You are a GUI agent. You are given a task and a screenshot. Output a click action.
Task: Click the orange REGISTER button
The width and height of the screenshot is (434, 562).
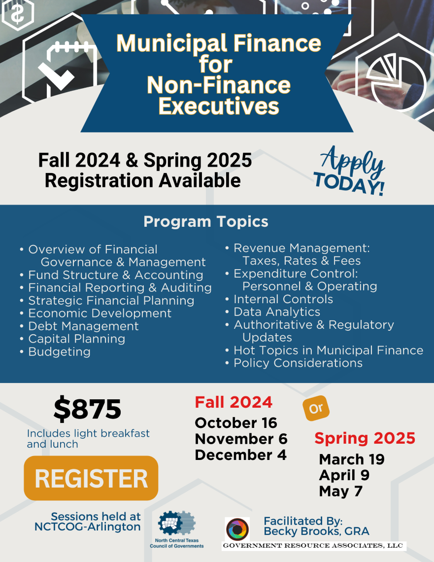(91, 478)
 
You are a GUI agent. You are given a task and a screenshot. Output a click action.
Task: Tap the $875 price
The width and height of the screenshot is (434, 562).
(87, 409)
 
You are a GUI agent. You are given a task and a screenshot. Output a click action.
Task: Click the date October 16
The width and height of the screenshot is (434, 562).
(236, 423)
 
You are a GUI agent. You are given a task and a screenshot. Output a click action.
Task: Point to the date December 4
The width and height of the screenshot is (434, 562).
(240, 455)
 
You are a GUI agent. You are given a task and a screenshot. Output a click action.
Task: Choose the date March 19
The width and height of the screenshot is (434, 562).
(352, 459)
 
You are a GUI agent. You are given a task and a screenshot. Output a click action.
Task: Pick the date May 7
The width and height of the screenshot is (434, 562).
(340, 491)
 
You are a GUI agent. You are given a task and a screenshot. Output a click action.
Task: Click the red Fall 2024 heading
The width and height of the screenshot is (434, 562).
(234, 402)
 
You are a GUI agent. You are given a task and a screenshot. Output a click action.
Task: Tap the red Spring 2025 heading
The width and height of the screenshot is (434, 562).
(365, 438)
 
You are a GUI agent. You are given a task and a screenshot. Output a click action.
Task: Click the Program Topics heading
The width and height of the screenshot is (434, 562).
(206, 222)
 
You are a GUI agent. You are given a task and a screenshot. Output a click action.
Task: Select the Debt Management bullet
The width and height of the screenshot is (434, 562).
(83, 326)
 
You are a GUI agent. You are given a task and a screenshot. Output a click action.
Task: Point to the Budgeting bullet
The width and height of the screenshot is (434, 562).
(59, 352)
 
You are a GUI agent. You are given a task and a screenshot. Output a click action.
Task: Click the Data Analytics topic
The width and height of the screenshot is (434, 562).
(277, 312)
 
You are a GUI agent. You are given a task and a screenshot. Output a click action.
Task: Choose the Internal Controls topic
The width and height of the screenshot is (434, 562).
(283, 299)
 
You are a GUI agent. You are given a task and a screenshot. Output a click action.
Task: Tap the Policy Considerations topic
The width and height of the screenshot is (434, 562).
(298, 363)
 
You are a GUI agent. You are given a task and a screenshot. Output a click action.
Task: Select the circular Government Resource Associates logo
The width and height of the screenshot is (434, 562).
(237, 529)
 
